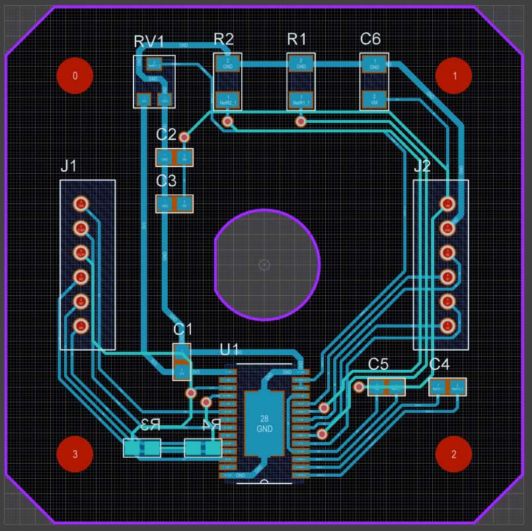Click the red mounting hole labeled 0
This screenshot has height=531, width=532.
click(x=75, y=75)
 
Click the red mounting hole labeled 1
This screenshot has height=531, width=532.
click(x=454, y=75)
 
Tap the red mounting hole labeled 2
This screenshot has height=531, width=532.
click(x=454, y=454)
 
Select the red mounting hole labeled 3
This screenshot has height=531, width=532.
click(x=75, y=454)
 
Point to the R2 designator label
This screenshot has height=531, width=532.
click(x=223, y=40)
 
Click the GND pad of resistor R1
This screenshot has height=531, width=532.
click(x=301, y=63)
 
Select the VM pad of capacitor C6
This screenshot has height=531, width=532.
click(x=374, y=100)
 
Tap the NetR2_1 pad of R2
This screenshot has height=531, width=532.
click(x=228, y=100)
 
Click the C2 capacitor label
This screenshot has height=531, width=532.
click(x=166, y=135)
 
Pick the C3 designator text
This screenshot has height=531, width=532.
click(x=166, y=180)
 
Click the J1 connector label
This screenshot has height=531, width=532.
click(x=69, y=166)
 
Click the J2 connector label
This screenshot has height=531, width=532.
click(x=422, y=166)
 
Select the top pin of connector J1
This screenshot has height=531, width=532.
click(x=81, y=203)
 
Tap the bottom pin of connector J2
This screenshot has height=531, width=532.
click(x=447, y=325)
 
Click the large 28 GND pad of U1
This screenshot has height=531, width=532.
click(x=264, y=423)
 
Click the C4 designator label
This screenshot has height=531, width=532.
click(x=439, y=364)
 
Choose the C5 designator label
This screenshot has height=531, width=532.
click(x=378, y=364)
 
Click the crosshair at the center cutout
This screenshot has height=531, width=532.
click(x=264, y=265)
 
